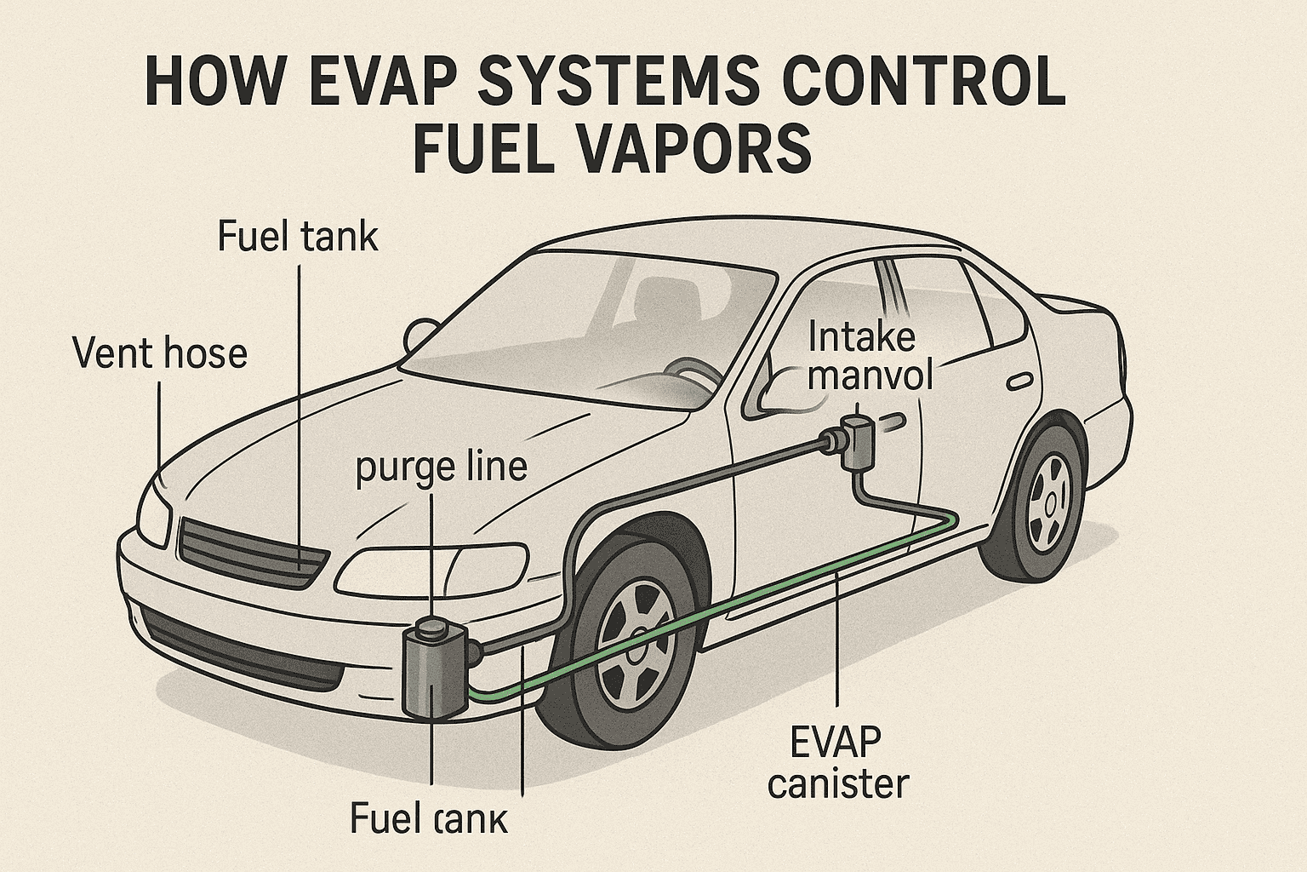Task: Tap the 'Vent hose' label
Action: (x=160, y=353)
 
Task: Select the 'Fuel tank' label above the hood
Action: (x=298, y=236)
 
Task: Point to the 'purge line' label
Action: (x=441, y=468)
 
